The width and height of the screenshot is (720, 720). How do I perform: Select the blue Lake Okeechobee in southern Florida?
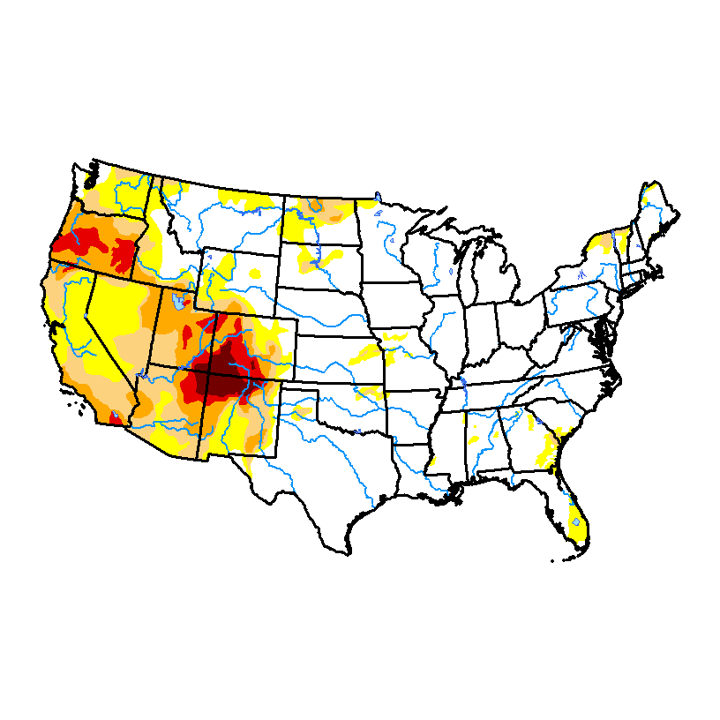576,522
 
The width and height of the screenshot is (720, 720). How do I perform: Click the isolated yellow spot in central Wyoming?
255,274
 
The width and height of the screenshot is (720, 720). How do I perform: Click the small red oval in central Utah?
187,336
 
